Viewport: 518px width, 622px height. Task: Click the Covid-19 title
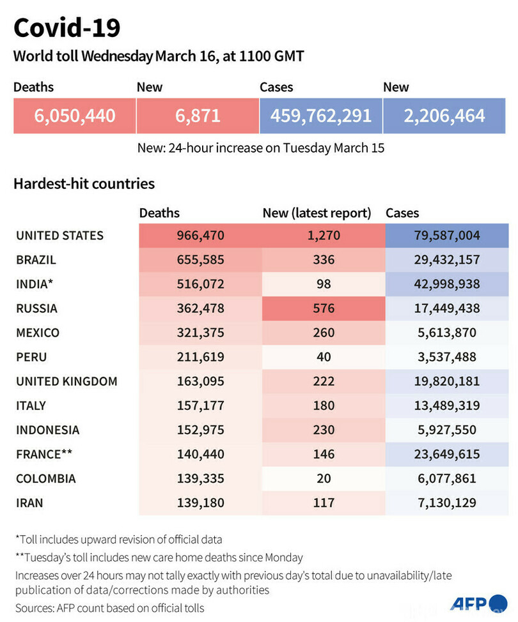[67, 27]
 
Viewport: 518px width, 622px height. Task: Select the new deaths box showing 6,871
[197, 116]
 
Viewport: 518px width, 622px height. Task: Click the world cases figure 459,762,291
[320, 116]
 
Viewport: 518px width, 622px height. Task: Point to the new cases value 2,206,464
[444, 116]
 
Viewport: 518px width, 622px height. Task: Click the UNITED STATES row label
[59, 236]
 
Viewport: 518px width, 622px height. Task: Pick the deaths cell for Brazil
[200, 260]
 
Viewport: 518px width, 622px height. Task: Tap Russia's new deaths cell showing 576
[324, 308]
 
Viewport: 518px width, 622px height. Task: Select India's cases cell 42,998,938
[446, 284]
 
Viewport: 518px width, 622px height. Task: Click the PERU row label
[31, 357]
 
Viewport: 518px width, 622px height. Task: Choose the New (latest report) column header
[317, 213]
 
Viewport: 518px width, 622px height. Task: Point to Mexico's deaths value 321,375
[200, 333]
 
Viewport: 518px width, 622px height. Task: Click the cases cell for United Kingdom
[446, 381]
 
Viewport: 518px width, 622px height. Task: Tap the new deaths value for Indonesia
[324, 430]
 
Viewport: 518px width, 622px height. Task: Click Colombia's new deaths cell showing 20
[324, 478]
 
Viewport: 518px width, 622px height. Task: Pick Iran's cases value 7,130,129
[446, 503]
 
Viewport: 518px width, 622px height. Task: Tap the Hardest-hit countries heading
[84, 184]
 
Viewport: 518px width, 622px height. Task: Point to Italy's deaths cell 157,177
[200, 406]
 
